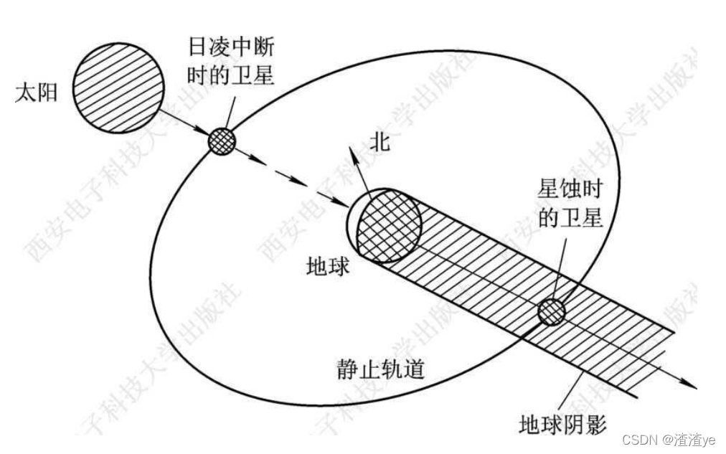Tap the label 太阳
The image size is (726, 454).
pos(34,93)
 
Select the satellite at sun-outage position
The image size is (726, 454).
pos(222,141)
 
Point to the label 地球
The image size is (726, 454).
pos(328,266)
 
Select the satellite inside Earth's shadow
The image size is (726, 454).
pos(552,311)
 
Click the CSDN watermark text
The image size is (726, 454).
pos(639,439)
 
